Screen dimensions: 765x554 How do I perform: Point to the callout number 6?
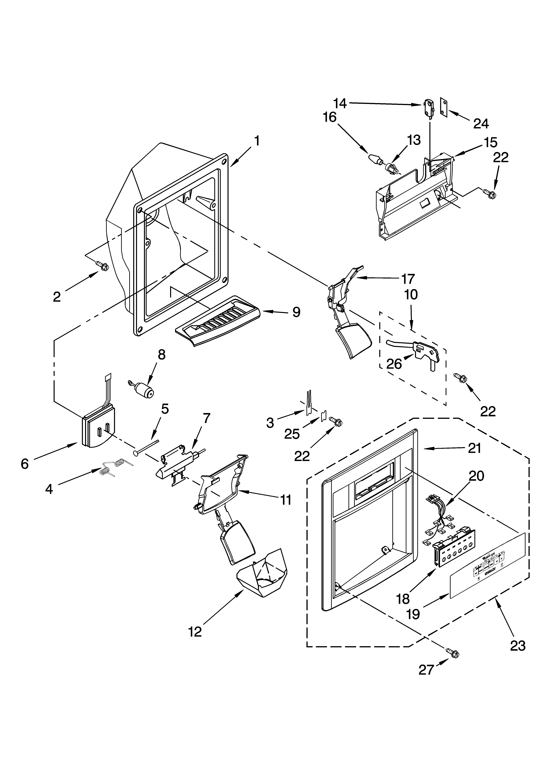coord(25,464)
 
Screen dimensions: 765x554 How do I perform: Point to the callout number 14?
coord(340,103)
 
